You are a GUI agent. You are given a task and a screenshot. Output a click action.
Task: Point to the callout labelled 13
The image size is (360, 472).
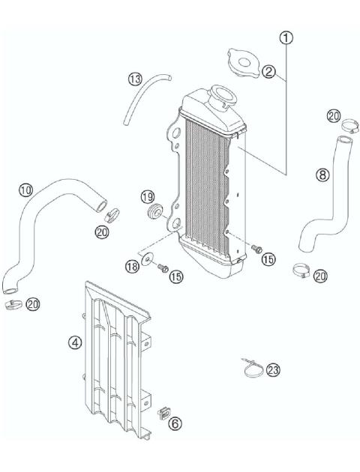pos(134,78)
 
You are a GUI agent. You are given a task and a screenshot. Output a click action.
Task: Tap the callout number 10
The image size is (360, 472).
pos(25,190)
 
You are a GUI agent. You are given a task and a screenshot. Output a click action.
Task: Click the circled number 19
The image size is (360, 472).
pos(148,197)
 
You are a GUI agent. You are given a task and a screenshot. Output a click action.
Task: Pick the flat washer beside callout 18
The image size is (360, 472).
pos(150,260)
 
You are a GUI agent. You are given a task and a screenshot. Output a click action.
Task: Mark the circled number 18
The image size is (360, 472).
pos(132,267)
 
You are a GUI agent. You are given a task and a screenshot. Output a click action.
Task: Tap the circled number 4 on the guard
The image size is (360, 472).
pos(74,344)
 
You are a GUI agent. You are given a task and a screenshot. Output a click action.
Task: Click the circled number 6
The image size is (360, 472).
pos(175,423)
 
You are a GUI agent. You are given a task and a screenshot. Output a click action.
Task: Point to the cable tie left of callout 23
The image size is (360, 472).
pos(252,366)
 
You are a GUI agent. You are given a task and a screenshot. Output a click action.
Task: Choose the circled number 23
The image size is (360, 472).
pos(273,369)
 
